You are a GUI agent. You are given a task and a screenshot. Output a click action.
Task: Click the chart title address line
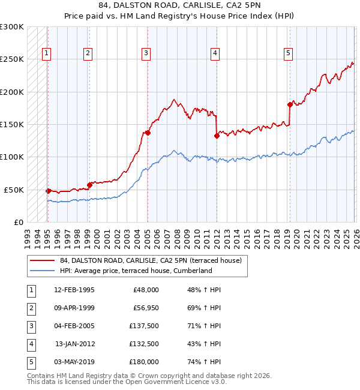[180, 6]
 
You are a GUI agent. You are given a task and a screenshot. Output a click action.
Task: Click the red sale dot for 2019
[290, 104]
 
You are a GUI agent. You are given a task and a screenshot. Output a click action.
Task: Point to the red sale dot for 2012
[217, 136]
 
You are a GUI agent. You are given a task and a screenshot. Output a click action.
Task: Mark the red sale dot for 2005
[147, 133]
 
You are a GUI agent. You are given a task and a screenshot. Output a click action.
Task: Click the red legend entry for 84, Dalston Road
[150, 260]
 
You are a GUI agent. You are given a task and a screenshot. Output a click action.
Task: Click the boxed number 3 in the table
[31, 326]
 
